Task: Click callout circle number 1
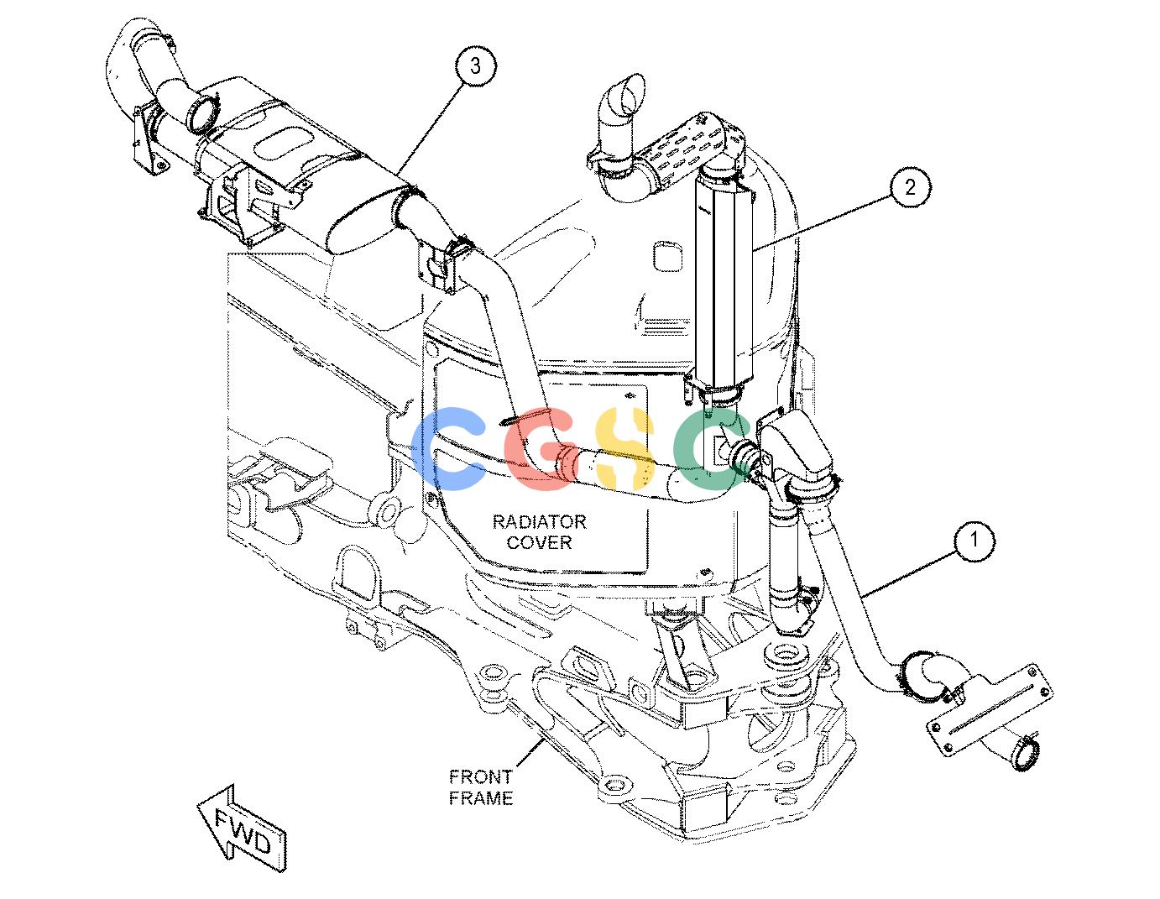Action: [975, 539]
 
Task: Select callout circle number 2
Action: [910, 187]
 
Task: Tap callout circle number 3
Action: [475, 66]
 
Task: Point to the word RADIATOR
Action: [539, 521]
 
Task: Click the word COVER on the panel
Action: [539, 542]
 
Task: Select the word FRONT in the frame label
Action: [480, 776]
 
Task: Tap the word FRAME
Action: [480, 797]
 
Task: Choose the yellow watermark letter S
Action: [624, 448]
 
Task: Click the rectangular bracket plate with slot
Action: [991, 709]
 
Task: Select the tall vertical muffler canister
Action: [724, 283]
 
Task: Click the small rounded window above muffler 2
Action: [668, 256]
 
